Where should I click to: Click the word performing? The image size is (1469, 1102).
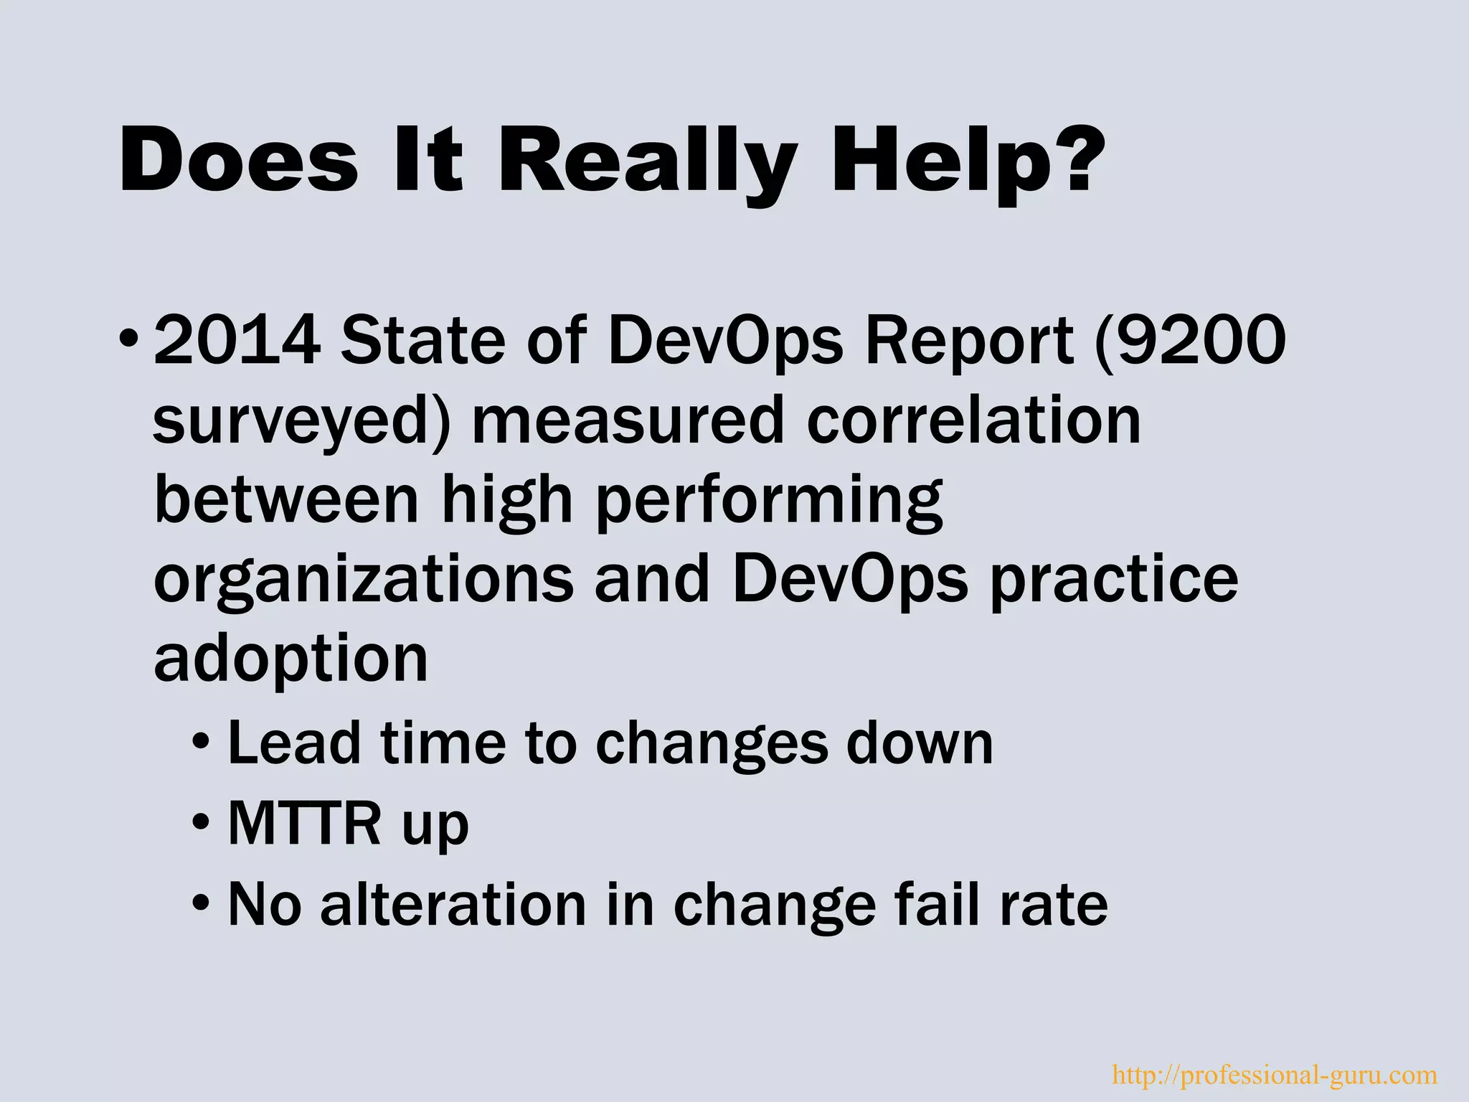(770, 502)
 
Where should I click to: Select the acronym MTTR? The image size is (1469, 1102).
(304, 824)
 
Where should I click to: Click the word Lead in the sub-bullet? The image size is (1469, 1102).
(294, 743)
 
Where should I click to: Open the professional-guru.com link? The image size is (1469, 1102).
(1274, 1075)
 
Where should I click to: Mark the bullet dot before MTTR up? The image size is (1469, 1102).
(202, 821)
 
